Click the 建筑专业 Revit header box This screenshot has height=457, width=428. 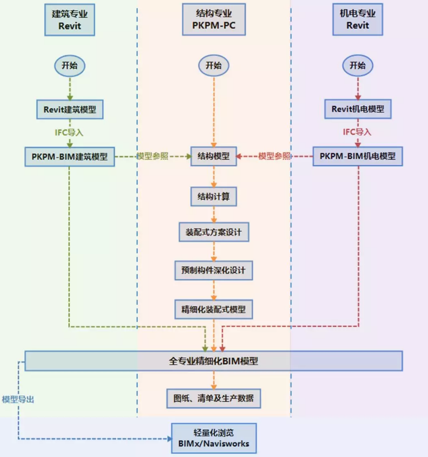(70, 20)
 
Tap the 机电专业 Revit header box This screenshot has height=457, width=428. (358, 20)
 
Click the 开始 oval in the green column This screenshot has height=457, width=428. (70, 65)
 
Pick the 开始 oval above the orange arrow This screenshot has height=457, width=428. (213, 65)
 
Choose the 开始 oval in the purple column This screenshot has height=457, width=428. (358, 65)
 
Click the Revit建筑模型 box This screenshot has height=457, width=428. (70, 108)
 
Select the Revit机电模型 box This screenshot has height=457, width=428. (358, 108)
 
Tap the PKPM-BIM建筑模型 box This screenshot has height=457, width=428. (70, 157)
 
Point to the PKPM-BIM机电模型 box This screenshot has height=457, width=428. (358, 157)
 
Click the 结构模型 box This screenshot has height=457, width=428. (213, 157)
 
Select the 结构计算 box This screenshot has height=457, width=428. (213, 196)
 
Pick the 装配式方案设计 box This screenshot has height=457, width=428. (213, 233)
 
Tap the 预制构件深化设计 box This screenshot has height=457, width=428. (213, 270)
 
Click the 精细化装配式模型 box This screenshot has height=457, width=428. (213, 308)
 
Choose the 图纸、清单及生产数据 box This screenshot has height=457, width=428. (213, 398)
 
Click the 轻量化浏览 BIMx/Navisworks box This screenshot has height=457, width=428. (214, 438)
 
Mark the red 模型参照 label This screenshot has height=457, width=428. (274, 157)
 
